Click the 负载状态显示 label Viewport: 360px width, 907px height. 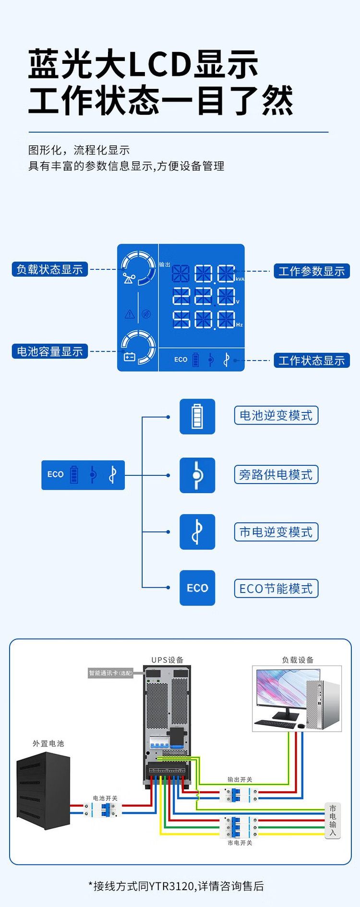tap(49, 269)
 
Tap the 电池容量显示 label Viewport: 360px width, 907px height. tap(49, 351)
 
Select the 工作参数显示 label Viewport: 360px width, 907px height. tap(312, 271)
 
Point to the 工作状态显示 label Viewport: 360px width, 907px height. tap(312, 361)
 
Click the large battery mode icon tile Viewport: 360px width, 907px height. tap(197, 416)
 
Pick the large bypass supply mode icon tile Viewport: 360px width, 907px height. tap(197, 475)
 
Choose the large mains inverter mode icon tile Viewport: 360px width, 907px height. tap(197, 532)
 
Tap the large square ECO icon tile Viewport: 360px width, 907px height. tap(197, 588)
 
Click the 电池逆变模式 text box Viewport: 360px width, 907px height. tap(276, 415)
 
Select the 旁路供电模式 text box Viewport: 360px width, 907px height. tap(276, 475)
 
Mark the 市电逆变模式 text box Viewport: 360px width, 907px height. tap(276, 532)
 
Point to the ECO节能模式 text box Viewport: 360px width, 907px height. tap(276, 589)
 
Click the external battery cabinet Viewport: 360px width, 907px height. tap(44, 790)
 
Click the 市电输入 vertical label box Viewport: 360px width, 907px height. tap(333, 821)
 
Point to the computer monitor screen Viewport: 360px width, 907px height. tap(280, 688)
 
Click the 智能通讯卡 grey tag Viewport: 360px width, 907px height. tap(110, 673)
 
